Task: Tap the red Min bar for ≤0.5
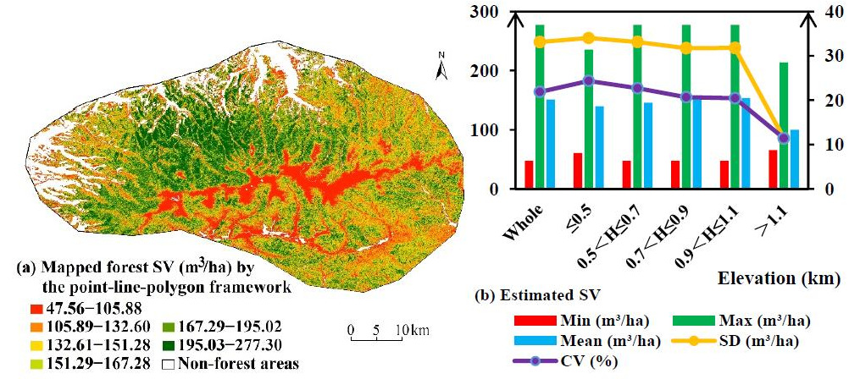point(578,170)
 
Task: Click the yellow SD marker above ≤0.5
point(588,38)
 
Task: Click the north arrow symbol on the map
point(441,67)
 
